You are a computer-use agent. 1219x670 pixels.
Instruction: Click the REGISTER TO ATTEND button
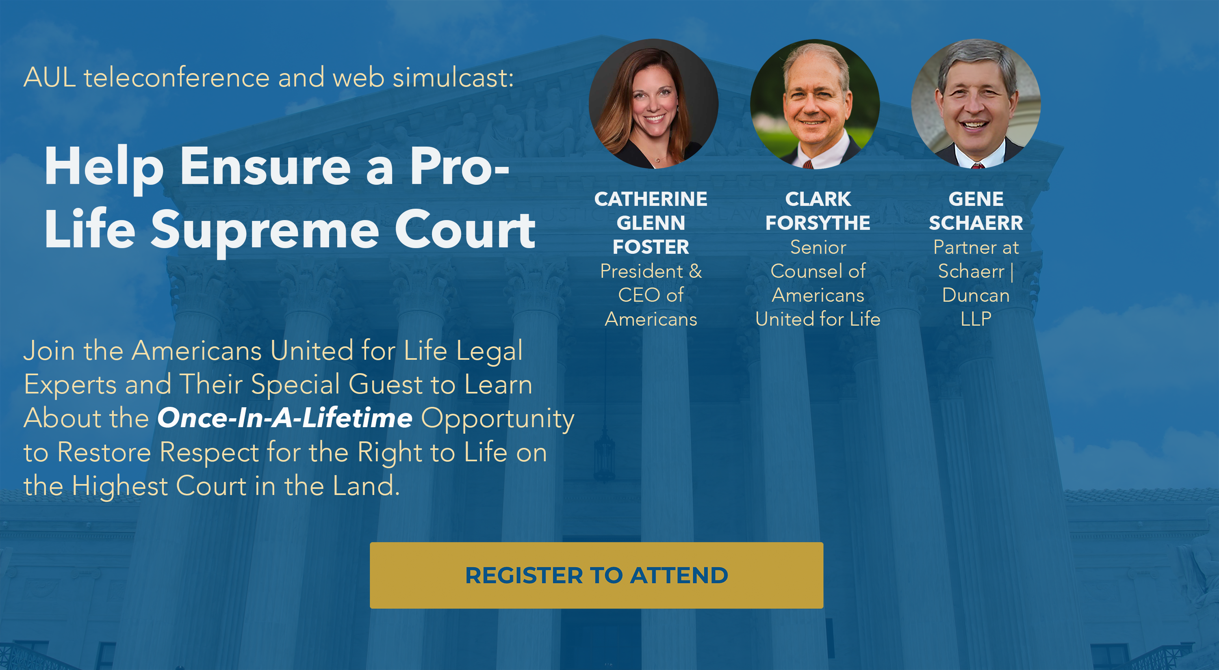pos(596,575)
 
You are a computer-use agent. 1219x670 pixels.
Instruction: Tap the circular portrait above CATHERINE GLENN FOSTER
pos(653,104)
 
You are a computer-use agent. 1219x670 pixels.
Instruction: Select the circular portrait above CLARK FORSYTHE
pos(815,104)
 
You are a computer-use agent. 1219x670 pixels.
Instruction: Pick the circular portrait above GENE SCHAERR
pos(976,104)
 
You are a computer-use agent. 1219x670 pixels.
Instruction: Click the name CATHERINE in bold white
pos(651,199)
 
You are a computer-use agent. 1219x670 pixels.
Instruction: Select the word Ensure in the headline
pos(265,166)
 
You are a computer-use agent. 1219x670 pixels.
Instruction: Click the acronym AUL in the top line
pos(50,78)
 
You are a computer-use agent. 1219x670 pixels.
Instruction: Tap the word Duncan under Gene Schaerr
pos(976,296)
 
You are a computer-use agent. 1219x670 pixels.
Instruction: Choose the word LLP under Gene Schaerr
pos(976,319)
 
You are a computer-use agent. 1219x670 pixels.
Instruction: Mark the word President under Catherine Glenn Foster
pos(641,271)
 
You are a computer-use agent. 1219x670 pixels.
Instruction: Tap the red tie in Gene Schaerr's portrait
pos(977,166)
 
